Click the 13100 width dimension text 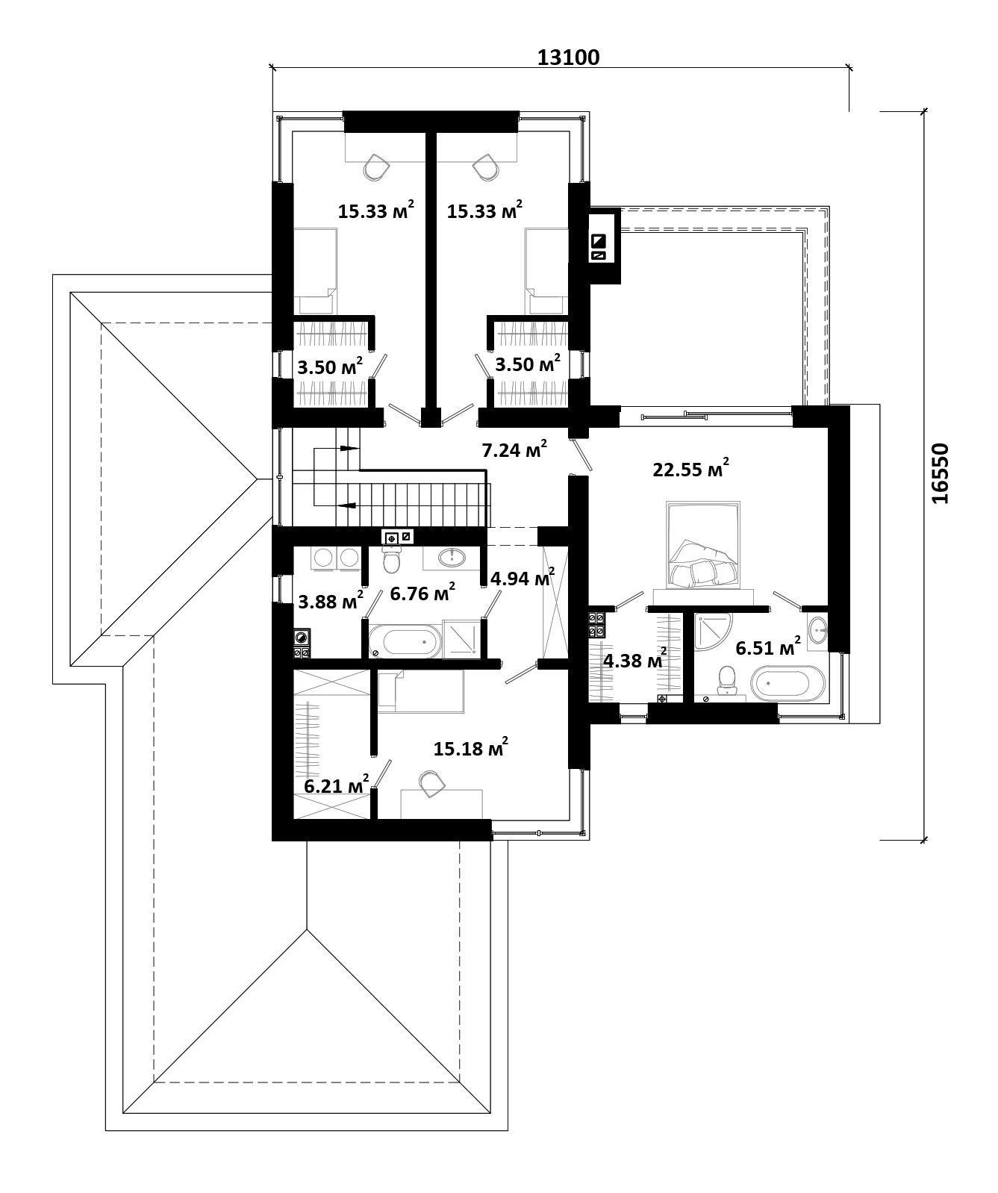pyautogui.click(x=569, y=57)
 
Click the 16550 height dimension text pyautogui.click(x=941, y=473)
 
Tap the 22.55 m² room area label pyautogui.click(x=690, y=469)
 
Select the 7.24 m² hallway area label pyautogui.click(x=514, y=449)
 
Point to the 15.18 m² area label pyautogui.click(x=471, y=747)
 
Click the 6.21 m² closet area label pyautogui.click(x=337, y=785)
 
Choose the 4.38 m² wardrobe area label pyautogui.click(x=635, y=660)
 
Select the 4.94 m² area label pyautogui.click(x=522, y=578)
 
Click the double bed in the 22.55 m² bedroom pyautogui.click(x=703, y=545)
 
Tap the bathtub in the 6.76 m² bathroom pyautogui.click(x=404, y=641)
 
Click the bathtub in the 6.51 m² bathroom pyautogui.click(x=788, y=685)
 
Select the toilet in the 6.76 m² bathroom pyautogui.click(x=392, y=559)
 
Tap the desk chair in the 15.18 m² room pyautogui.click(x=429, y=783)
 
